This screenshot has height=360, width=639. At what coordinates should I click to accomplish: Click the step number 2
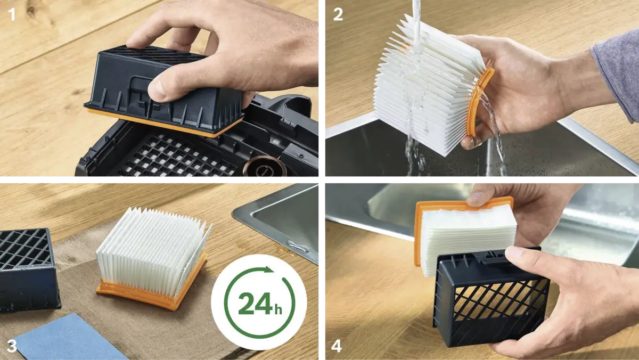pyautogui.click(x=338, y=14)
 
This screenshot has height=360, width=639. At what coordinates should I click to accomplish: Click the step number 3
pyautogui.click(x=12, y=346)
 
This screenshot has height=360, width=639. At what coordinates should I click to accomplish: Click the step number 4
pyautogui.click(x=337, y=346)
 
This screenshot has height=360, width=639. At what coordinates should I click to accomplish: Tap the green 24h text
pyautogui.click(x=260, y=304)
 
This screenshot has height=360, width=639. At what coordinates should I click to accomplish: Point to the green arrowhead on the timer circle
pyautogui.click(x=268, y=269)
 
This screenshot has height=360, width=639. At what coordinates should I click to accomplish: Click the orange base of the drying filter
pyautogui.click(x=151, y=288)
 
